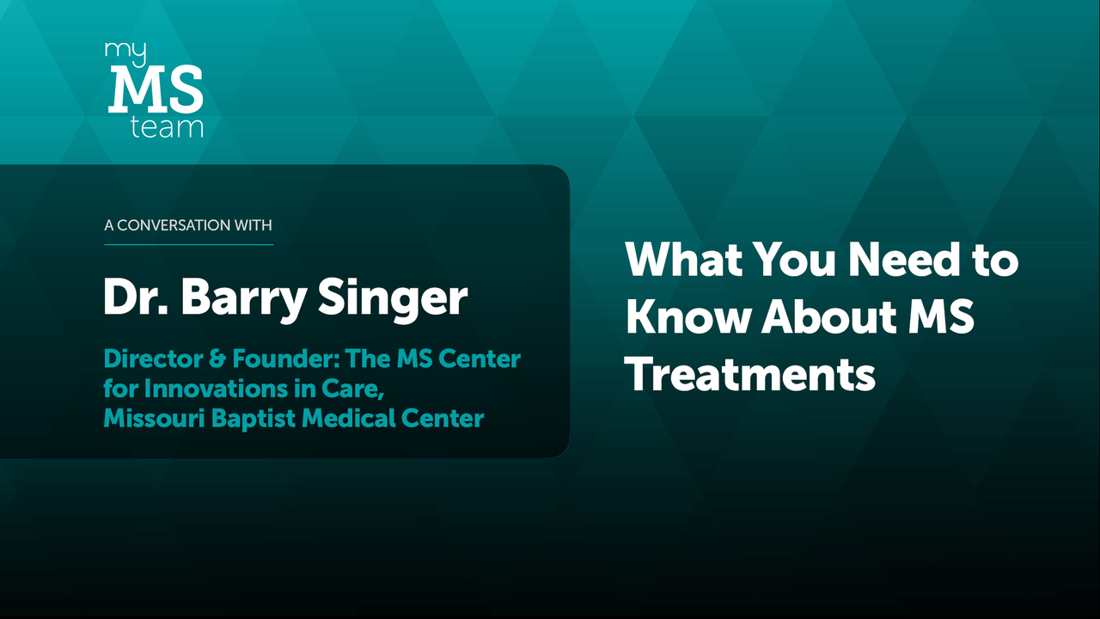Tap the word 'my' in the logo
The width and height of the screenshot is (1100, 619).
(x=125, y=53)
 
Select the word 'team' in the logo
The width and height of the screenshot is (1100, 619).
(x=167, y=127)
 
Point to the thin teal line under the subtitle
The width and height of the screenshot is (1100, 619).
(x=188, y=244)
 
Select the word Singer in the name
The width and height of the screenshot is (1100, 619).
(x=393, y=298)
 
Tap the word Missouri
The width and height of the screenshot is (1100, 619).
(x=154, y=419)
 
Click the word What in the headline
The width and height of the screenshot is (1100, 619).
(x=684, y=259)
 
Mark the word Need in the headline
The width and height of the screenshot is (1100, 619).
(x=904, y=259)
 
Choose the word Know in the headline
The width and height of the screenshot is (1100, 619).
(x=688, y=316)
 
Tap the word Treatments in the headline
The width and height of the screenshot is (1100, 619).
(x=751, y=373)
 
